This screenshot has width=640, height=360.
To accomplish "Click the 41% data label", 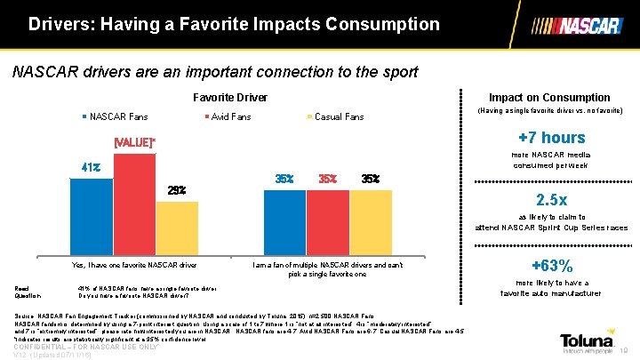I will click(90, 166).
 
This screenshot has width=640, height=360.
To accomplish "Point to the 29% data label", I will click(177, 190).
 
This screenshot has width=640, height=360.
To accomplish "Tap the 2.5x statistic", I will click(551, 198).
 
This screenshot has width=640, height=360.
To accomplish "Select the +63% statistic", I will click(551, 265).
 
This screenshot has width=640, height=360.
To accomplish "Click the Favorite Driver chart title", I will click(229, 97).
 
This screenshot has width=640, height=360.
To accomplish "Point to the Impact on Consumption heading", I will click(551, 97).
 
